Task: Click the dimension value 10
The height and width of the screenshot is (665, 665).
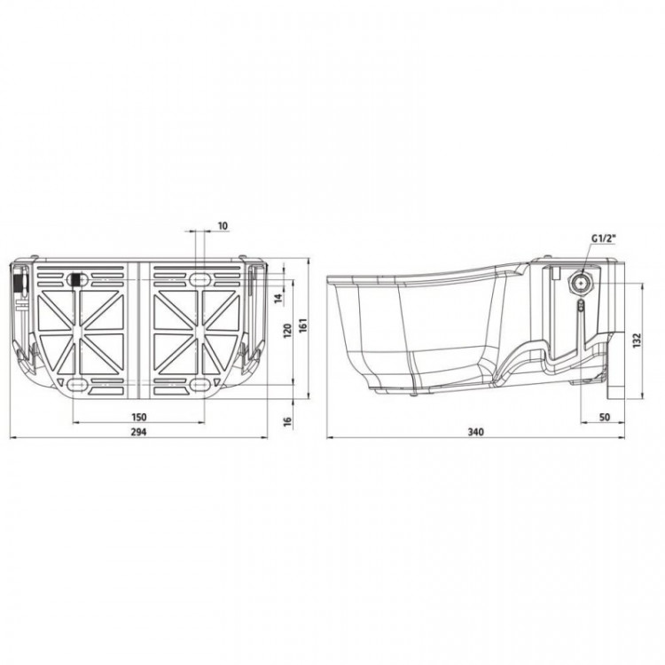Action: point(223,225)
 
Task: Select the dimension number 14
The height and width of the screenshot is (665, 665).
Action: point(278,298)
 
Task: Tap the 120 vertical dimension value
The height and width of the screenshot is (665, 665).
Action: point(288,331)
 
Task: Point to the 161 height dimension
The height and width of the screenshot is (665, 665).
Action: point(303,325)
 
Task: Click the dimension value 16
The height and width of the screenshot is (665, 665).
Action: point(287,421)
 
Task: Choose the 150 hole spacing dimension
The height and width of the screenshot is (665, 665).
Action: point(138,417)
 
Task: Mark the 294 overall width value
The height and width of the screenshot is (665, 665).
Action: point(138,432)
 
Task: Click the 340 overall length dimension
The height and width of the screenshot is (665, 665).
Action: point(475,432)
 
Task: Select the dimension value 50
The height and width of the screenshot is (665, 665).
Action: point(605,417)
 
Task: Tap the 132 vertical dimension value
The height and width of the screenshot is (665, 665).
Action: point(637,340)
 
